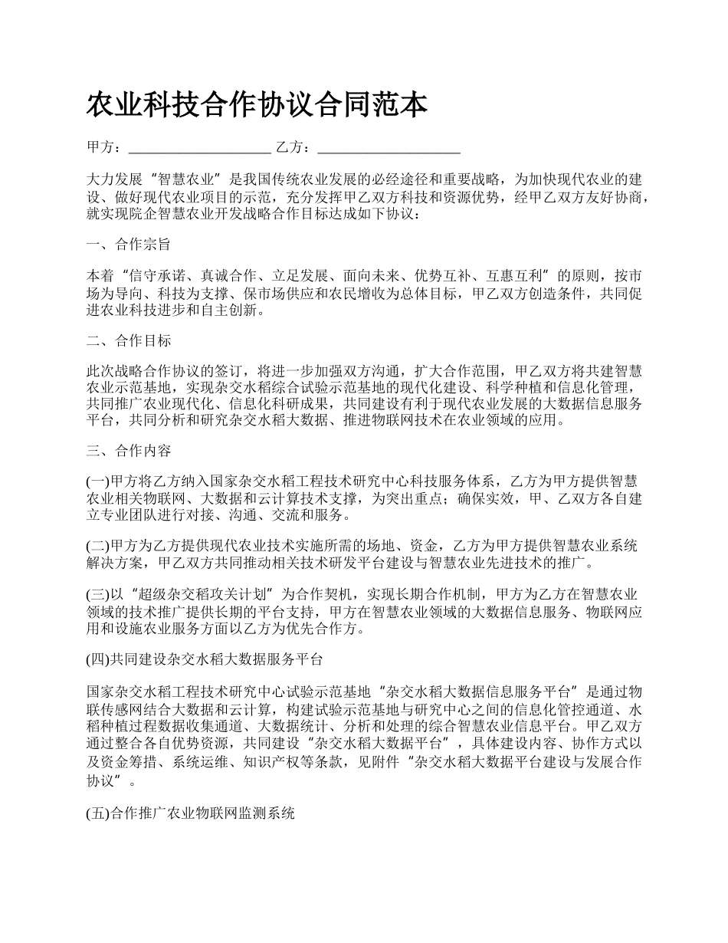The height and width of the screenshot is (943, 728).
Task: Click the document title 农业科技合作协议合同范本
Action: [x=257, y=106]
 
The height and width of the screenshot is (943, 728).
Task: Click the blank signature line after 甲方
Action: [x=198, y=147]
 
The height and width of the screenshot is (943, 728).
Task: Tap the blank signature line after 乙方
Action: [x=388, y=147]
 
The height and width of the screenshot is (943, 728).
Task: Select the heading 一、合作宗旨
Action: [x=129, y=245]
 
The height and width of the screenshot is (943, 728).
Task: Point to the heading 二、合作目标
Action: [x=129, y=340]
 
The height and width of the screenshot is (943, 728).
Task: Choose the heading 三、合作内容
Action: [x=129, y=450]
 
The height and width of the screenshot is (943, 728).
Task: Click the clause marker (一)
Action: [x=98, y=481]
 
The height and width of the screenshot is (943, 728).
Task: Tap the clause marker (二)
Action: [x=98, y=546]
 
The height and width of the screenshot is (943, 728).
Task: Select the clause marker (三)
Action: [x=98, y=593]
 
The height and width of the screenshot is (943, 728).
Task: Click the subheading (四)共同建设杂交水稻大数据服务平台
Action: [x=205, y=659]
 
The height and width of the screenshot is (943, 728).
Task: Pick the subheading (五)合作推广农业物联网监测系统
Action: [x=191, y=815]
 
